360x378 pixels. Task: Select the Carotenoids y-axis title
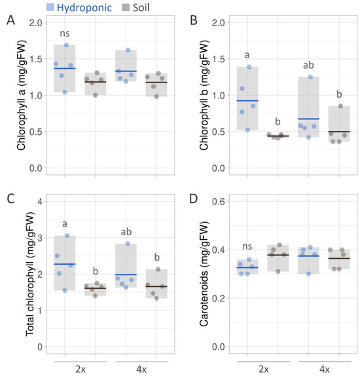coord(206,272)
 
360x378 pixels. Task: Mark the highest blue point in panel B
coord(249,67)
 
